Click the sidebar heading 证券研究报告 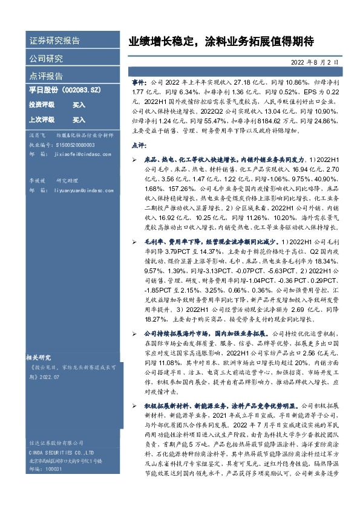coord(54,41)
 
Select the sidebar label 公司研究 coord(46,59)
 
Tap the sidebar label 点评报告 coord(46,77)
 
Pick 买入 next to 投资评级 coord(79,105)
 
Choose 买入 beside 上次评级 coord(79,120)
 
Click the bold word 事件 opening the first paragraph coord(139,80)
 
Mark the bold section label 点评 coord(139,145)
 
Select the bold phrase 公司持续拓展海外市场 coord(177,332)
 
